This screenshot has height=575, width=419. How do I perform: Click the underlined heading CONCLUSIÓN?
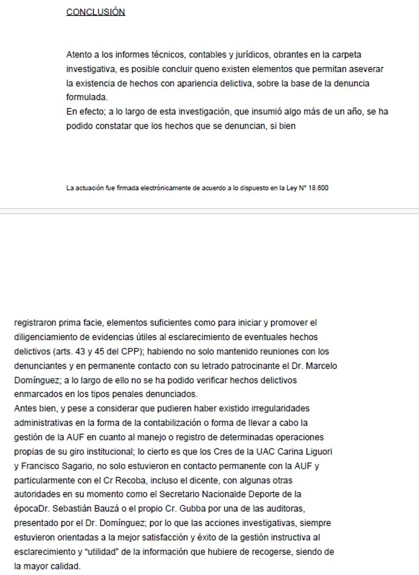pyautogui.click(x=95, y=12)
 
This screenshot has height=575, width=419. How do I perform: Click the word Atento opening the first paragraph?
pyautogui.click(x=79, y=55)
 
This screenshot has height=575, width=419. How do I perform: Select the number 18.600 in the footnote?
pyautogui.click(x=318, y=188)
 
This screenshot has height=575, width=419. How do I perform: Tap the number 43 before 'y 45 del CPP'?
pyautogui.click(x=80, y=351)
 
